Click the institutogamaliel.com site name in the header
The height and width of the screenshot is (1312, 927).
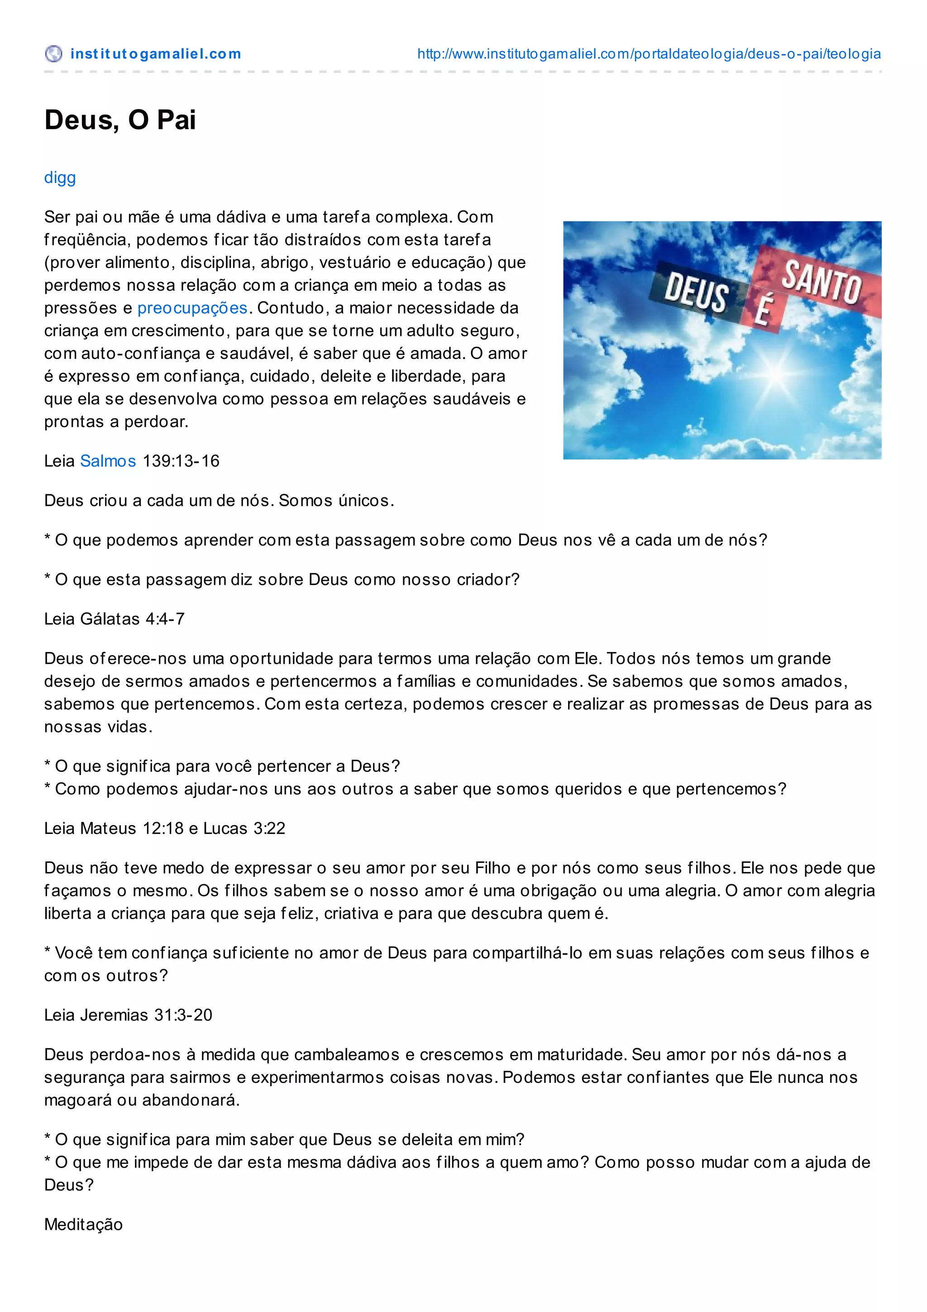click(x=155, y=54)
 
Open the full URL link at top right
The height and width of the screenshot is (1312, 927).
click(x=649, y=54)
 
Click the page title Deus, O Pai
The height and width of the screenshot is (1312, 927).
click(x=120, y=120)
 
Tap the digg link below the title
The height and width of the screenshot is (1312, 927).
click(x=60, y=178)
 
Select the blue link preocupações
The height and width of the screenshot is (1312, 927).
click(x=192, y=308)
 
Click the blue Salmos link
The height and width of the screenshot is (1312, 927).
click(x=108, y=461)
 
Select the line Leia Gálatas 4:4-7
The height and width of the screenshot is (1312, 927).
click(x=114, y=619)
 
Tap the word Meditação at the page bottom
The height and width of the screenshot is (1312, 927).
click(x=83, y=1225)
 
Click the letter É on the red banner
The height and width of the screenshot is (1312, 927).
click(x=762, y=312)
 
